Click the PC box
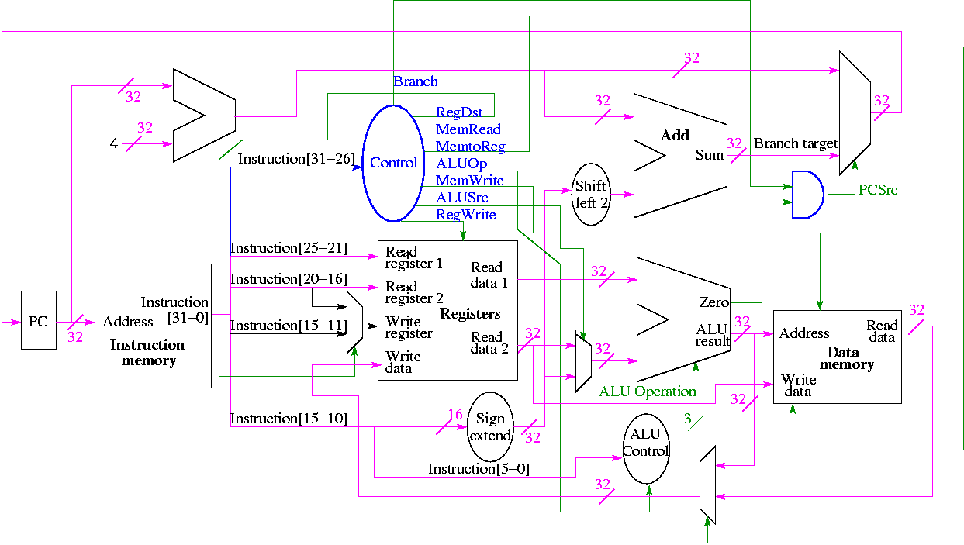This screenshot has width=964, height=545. [38, 320]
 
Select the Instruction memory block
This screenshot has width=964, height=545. [153, 326]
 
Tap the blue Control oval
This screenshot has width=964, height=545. [393, 163]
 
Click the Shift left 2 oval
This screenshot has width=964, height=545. [591, 195]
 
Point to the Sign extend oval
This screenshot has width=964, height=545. [490, 427]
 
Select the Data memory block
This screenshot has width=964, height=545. [837, 357]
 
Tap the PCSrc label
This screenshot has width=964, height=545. [878, 190]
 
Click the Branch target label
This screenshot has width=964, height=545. [796, 143]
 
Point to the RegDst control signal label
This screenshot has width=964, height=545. [459, 113]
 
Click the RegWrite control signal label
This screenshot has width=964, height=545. [465, 215]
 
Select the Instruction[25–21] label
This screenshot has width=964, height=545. [289, 248]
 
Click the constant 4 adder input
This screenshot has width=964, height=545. [114, 143]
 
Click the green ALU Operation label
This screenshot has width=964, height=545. [648, 392]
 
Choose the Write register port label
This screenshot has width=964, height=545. [409, 327]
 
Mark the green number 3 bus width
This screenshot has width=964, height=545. [687, 419]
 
